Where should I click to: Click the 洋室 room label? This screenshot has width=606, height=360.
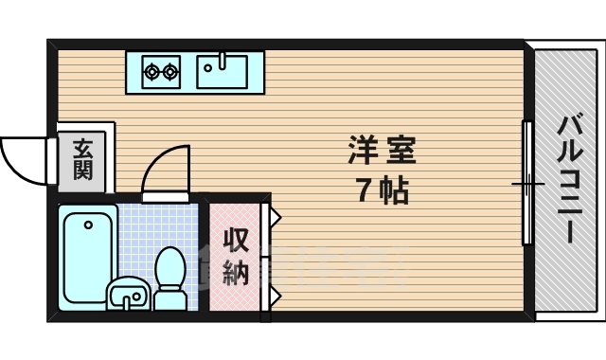382,150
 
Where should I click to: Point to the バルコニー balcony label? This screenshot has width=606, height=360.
569,179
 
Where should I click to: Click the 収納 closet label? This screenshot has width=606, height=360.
235,257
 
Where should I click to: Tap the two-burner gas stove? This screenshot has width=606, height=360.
161,69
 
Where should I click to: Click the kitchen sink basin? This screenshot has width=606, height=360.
222,70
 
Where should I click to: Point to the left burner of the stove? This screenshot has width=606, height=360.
151,69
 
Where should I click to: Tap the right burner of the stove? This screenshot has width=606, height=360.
170,69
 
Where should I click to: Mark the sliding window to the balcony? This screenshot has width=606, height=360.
527,182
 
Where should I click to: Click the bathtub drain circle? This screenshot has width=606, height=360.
88,225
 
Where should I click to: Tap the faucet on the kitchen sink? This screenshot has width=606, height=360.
222,62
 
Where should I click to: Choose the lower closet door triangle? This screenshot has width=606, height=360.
275,296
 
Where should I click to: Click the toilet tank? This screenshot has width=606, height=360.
170,299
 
